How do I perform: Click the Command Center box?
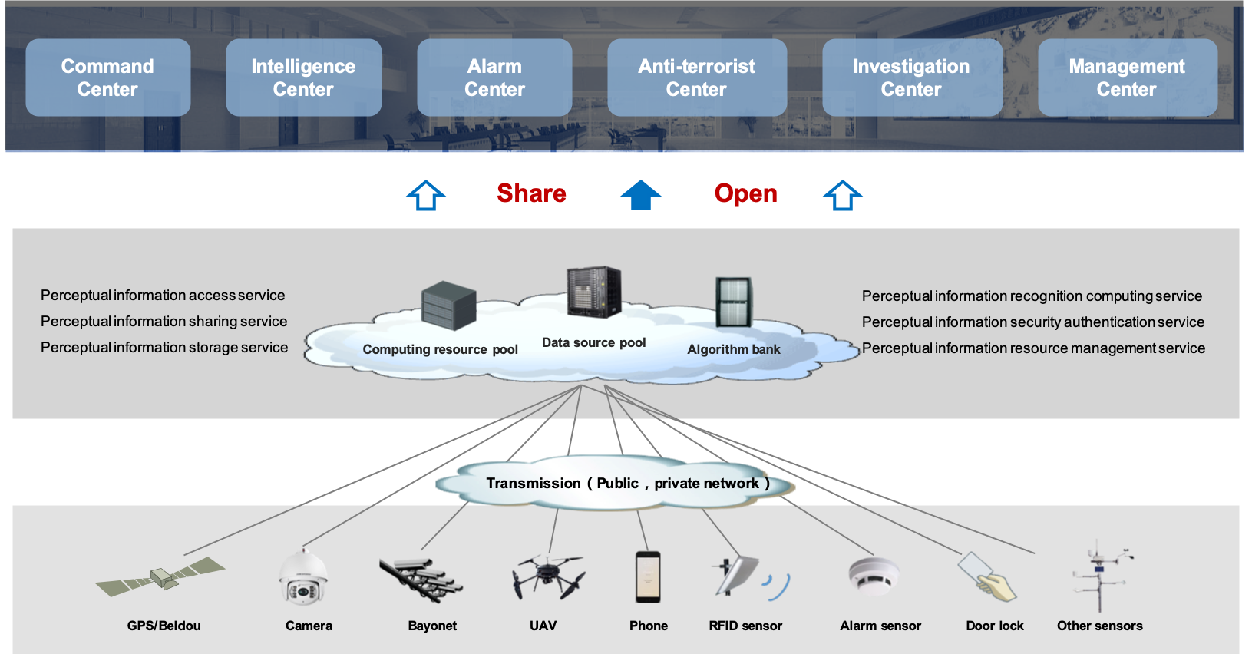coord(107,78)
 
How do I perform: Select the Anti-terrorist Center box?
coord(696,78)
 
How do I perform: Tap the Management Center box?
coord(1127,78)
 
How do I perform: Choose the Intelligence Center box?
coord(303,78)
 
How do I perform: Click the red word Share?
coord(531,193)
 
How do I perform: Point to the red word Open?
coord(745,193)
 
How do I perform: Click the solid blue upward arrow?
coord(640,195)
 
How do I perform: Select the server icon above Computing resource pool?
coord(448,305)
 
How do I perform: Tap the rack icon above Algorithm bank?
coord(733,302)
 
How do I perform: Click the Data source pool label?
coord(593,342)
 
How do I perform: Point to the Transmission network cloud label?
coord(627,483)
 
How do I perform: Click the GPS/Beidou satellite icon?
coord(161,577)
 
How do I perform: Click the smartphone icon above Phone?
coord(648,576)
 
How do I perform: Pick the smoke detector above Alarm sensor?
coord(874,576)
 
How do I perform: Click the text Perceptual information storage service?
coord(164,348)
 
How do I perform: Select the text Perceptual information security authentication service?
coord(1032,322)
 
